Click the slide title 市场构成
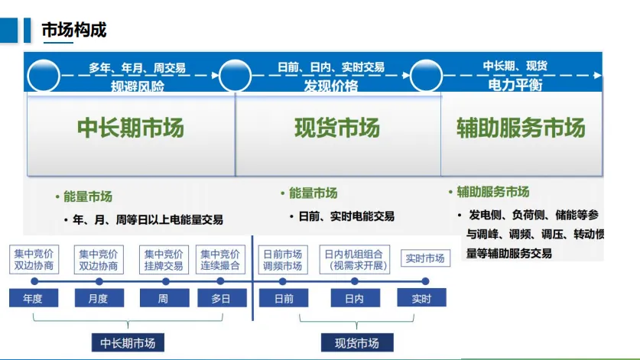tap(73, 30)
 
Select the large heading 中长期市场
tap(131, 128)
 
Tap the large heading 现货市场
tap(337, 128)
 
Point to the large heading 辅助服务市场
tap(521, 128)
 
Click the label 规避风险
tap(138, 86)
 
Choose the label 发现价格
tap(331, 86)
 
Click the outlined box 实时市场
tap(425, 259)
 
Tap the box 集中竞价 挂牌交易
tap(163, 260)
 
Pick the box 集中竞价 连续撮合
tap(221, 260)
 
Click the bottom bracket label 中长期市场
tap(128, 343)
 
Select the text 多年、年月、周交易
tap(137, 68)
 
